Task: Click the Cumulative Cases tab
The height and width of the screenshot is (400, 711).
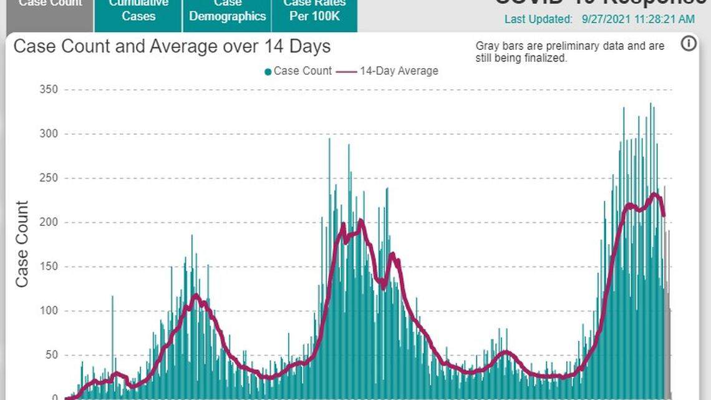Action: tap(138, 11)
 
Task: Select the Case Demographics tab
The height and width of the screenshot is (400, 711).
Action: tap(228, 11)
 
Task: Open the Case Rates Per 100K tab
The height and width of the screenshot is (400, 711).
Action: tap(314, 11)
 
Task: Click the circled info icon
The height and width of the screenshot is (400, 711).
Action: tap(689, 44)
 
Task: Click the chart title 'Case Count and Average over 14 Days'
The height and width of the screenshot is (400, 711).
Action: tap(172, 47)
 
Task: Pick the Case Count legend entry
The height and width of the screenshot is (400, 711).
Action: tap(298, 71)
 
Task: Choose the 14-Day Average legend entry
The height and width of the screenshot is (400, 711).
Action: tap(388, 71)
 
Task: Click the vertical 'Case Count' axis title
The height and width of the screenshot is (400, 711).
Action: tap(22, 244)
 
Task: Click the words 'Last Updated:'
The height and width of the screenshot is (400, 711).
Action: tap(538, 19)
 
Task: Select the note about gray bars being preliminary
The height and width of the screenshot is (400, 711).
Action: tap(570, 52)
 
